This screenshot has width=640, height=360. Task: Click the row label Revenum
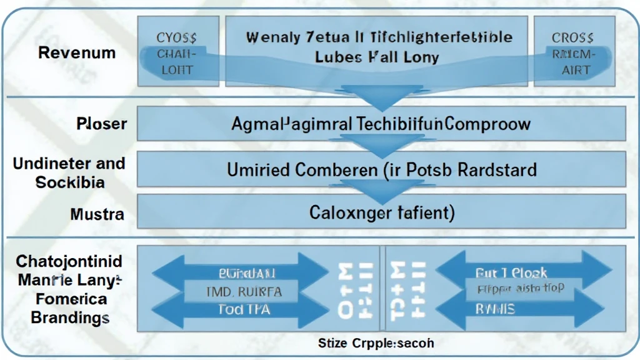[77, 52]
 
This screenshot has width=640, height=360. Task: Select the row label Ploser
[101, 123]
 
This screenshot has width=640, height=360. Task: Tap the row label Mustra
[97, 215]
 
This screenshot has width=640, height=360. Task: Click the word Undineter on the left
[46, 164]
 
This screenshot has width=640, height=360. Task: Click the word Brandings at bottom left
[70, 317]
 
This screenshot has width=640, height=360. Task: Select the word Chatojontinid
[69, 261]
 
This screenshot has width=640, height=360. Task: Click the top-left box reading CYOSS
[174, 37]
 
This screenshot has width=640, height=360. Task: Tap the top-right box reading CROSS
[573, 38]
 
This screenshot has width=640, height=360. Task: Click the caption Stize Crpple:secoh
[376, 343]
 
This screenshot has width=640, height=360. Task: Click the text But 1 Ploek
[511, 272]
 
